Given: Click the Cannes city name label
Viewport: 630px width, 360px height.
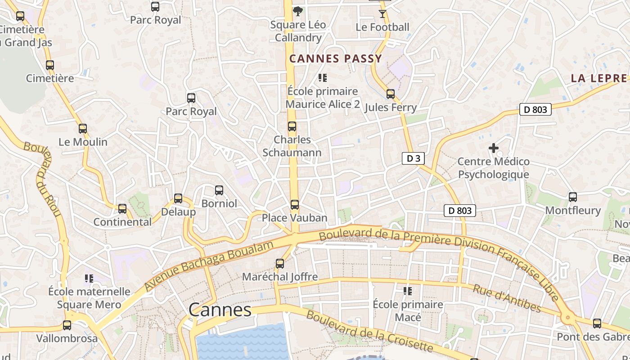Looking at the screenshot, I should point(220,310).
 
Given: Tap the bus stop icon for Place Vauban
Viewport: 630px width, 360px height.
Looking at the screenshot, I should point(294,205).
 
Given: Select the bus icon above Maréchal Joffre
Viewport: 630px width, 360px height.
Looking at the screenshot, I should point(280,264).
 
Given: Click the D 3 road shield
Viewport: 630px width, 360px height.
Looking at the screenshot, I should point(413,158).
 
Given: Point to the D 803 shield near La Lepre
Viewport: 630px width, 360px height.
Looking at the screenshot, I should point(535,109).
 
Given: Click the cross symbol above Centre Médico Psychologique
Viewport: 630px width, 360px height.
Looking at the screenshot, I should point(494,148).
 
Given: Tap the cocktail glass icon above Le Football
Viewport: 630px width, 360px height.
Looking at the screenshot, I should point(382,14).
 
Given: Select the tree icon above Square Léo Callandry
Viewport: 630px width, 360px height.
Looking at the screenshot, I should point(297,11).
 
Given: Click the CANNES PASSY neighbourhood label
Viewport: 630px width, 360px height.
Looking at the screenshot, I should point(335,58).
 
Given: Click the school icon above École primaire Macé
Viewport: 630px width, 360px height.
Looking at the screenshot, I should point(408,291).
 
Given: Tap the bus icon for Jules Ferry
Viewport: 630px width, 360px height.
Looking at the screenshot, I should point(391,94).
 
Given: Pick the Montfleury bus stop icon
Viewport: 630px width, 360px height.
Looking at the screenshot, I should point(572,197).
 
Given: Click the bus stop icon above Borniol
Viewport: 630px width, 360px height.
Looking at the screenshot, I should point(219,190).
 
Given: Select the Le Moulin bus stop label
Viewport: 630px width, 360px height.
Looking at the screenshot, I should point(83,142).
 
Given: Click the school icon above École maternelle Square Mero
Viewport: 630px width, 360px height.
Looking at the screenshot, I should point(89,279).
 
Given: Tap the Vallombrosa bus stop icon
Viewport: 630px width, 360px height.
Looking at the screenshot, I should point(67,325).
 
